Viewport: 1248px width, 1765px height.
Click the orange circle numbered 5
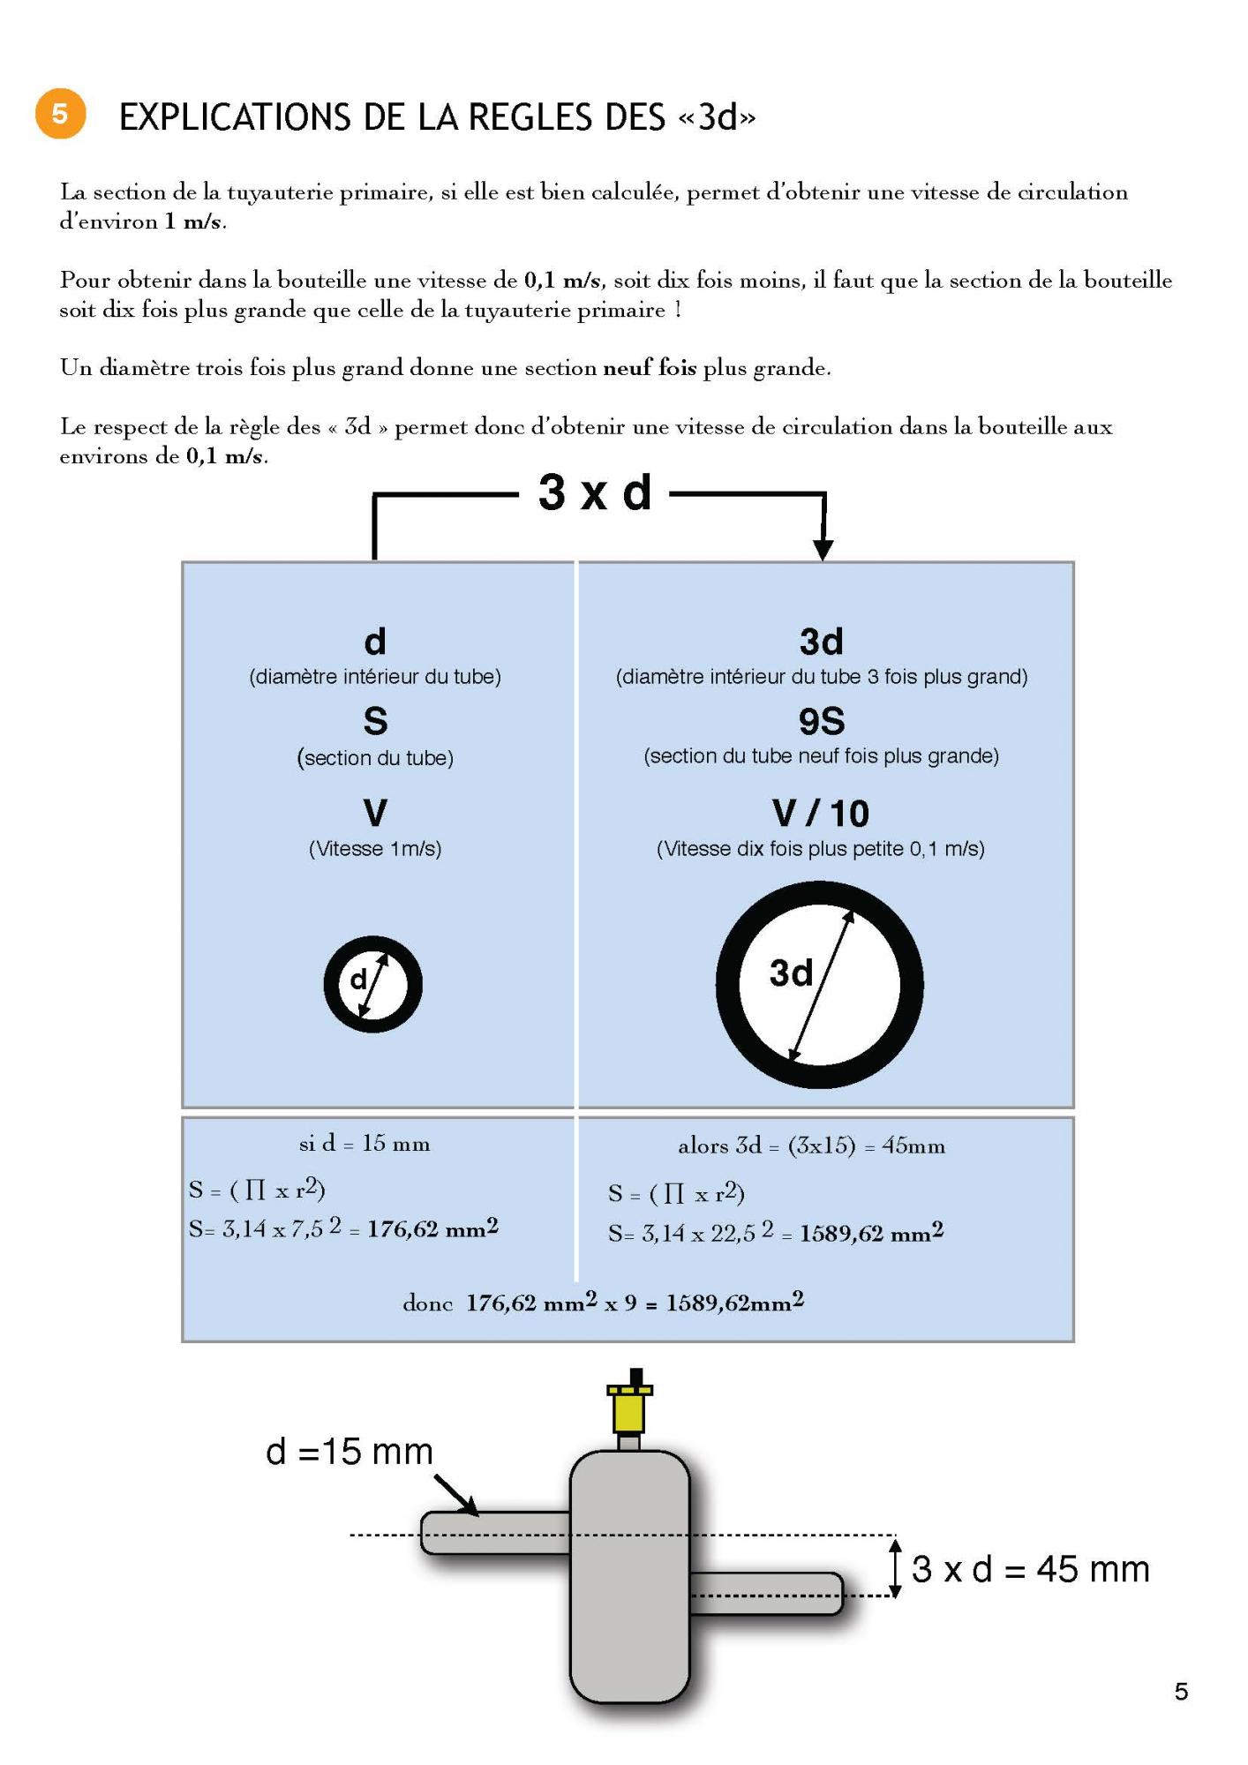pos(60,114)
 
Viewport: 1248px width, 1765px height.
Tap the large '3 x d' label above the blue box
pos(595,492)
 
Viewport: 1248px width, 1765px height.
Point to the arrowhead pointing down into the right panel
pos(823,549)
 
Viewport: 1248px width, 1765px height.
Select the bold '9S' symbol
pos(822,722)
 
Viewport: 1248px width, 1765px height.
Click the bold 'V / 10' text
pos(821,814)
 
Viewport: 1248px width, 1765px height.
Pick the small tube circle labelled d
pos(372,984)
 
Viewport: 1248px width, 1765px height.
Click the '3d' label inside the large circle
pos(791,973)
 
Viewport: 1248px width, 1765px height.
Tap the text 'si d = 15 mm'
pos(365,1144)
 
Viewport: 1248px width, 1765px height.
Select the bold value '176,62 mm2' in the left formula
pos(432,1228)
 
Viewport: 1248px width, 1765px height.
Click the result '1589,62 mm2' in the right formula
pos(871,1233)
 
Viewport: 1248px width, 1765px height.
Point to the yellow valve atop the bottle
pos(630,1408)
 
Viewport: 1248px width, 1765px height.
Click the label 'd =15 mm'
pos(350,1452)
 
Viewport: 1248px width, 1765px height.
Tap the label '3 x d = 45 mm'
pos(1031,1568)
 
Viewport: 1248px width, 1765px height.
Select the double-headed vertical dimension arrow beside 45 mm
pos(895,1567)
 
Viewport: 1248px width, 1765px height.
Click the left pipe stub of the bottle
pos(494,1534)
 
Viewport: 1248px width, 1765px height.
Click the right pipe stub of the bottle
pos(766,1594)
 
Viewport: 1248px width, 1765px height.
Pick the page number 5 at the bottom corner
pos(1181,1692)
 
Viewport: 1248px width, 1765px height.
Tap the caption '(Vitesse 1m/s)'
pos(375,849)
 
